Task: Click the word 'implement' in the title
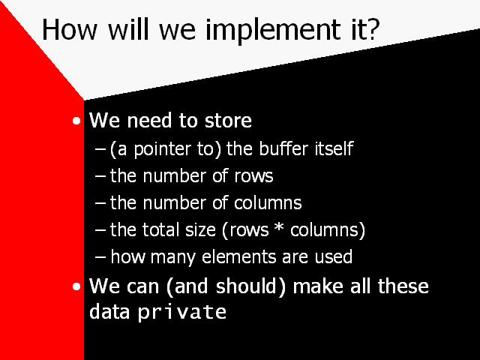click(x=273, y=31)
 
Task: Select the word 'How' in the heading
click(x=70, y=29)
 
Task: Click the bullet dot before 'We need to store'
click(x=76, y=121)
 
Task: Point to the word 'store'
click(x=228, y=121)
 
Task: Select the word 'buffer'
click(x=283, y=148)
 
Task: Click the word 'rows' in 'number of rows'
click(x=253, y=177)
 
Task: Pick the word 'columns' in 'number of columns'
click(x=268, y=203)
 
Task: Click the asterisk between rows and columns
click(x=279, y=228)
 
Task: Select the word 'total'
click(x=160, y=229)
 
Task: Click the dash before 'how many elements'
click(x=100, y=257)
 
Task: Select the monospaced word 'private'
click(x=182, y=313)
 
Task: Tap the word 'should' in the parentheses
click(x=248, y=286)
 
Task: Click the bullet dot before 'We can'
click(x=76, y=286)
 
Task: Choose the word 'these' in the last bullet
click(x=403, y=286)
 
